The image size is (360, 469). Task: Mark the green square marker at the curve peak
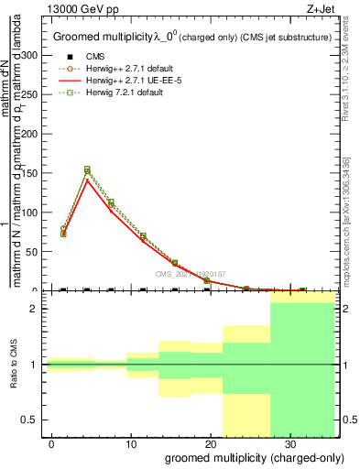[x=87, y=169]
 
